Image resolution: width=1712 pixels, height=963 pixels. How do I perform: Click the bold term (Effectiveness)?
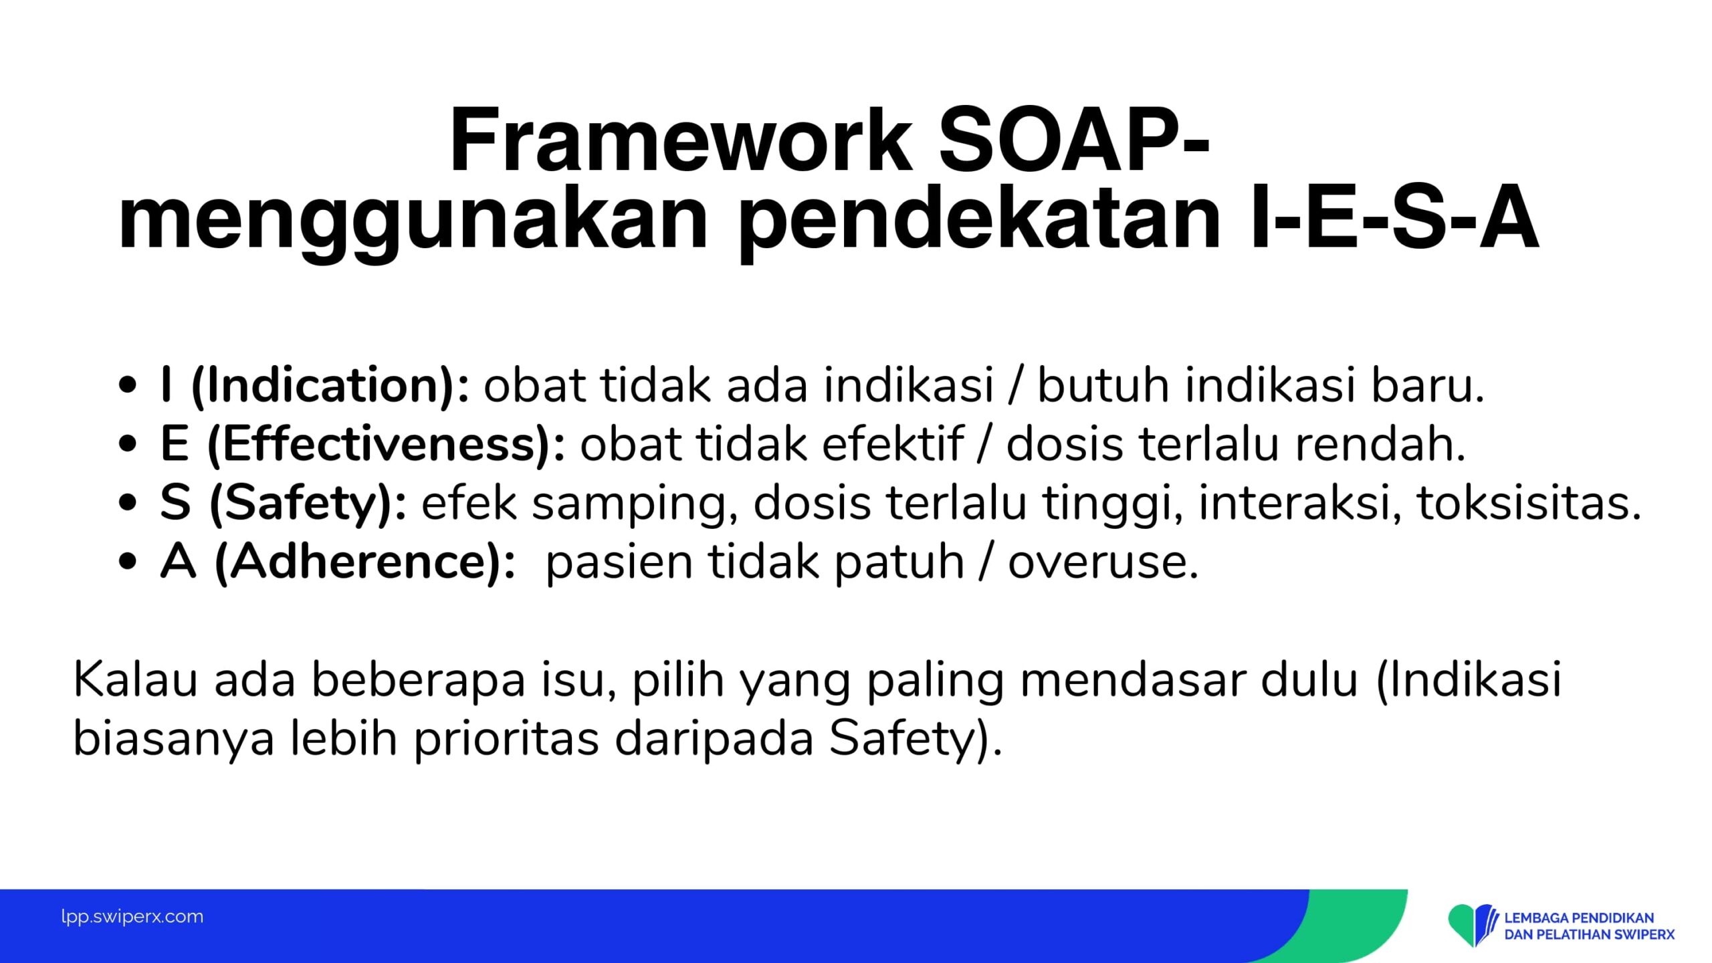pyautogui.click(x=387, y=445)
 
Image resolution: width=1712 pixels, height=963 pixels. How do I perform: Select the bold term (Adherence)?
pyautogui.click(x=365, y=562)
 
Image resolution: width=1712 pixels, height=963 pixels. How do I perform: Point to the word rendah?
pyautogui.click(x=1380, y=444)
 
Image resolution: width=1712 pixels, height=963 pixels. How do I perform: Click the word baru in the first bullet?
pyautogui.click(x=1428, y=386)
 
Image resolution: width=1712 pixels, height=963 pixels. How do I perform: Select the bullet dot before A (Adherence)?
pyautogui.click(x=127, y=561)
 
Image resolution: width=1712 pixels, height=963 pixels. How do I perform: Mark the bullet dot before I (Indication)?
pyautogui.click(x=127, y=386)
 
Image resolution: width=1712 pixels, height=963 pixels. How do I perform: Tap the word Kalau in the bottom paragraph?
pyautogui.click(x=135, y=679)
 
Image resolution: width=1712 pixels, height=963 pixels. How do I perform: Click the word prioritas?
pyautogui.click(x=506, y=739)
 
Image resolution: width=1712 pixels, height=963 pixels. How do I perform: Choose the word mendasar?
pyautogui.click(x=1123, y=679)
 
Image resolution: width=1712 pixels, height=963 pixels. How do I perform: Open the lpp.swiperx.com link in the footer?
pyautogui.click(x=132, y=917)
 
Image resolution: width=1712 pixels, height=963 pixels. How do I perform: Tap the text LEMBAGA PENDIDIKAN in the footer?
pyautogui.click(x=1579, y=918)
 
